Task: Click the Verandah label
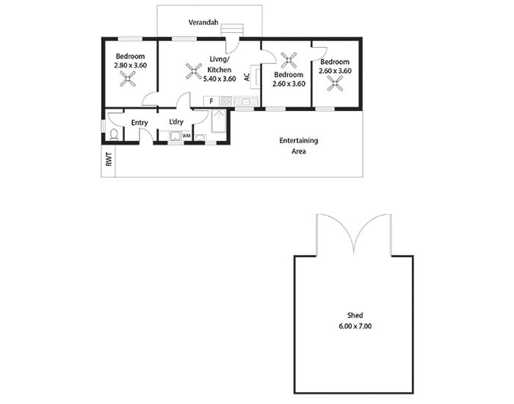[203, 22]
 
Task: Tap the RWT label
[109, 159]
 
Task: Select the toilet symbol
[114, 134]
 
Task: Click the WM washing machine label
[187, 136]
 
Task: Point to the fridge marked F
[211, 101]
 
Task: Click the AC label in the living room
[247, 77]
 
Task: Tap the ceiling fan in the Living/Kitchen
[194, 71]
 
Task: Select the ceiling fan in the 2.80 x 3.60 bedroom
[128, 79]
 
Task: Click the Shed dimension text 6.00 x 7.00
[355, 326]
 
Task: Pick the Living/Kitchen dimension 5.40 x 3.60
[220, 79]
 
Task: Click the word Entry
[140, 123]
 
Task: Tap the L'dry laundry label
[176, 122]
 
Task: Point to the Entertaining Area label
[299, 145]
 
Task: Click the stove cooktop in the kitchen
[226, 101]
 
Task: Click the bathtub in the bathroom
[218, 121]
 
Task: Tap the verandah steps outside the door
[232, 29]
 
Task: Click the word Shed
[355, 315]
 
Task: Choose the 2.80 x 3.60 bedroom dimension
[131, 65]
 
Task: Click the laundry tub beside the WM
[175, 136]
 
